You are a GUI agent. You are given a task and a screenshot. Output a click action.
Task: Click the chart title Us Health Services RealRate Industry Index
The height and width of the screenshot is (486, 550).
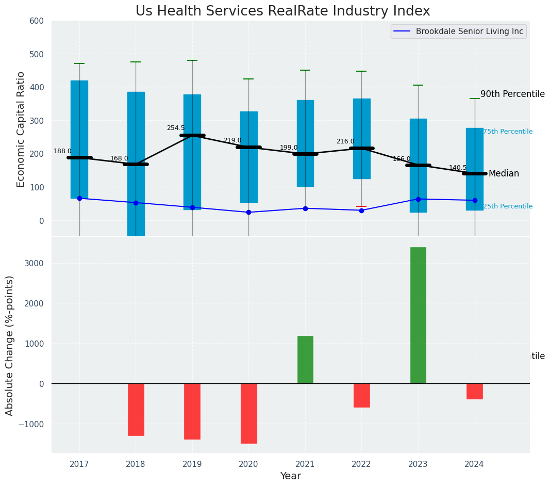(282, 11)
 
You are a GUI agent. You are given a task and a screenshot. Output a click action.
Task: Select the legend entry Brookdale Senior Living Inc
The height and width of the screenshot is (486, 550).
(458, 31)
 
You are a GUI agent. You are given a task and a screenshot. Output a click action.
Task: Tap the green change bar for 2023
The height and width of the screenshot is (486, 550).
(418, 315)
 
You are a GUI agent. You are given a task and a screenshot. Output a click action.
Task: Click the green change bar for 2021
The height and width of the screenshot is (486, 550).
(305, 360)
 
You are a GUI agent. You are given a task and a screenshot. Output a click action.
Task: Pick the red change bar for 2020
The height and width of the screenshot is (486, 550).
(248, 413)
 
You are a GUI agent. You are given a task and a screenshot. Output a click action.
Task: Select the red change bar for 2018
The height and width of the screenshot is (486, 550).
(136, 410)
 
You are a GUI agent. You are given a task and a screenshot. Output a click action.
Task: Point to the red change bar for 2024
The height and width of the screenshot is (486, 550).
(475, 391)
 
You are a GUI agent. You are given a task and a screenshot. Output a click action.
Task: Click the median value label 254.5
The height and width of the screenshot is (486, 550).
(175, 128)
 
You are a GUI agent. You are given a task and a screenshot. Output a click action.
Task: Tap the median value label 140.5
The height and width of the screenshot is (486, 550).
(458, 168)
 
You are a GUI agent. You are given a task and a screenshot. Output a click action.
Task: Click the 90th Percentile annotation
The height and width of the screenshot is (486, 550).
(512, 94)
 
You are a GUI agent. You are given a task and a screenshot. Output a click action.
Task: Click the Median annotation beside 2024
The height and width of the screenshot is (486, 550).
(504, 174)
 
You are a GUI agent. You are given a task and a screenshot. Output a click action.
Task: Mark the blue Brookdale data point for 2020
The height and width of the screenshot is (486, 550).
(248, 212)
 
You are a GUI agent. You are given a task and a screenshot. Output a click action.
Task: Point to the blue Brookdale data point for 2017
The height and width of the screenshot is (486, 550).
(79, 198)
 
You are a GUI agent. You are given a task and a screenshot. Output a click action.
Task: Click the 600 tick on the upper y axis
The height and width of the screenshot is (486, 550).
(41, 21)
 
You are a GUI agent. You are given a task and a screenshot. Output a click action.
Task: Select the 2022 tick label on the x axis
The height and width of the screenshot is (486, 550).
(361, 464)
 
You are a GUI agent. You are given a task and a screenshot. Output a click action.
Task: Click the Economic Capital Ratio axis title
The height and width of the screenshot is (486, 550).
(21, 129)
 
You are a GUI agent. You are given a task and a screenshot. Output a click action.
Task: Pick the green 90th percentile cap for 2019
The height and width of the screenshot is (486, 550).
(192, 60)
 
